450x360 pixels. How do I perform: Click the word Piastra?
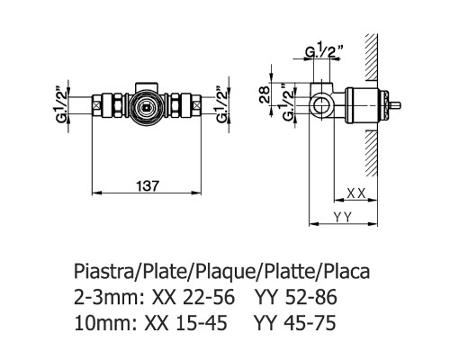(x=101, y=271)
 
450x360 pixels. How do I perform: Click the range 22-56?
(x=193, y=296)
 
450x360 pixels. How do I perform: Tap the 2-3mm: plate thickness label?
(x=104, y=296)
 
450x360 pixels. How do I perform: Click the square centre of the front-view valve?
(x=147, y=105)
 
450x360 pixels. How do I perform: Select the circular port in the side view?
(x=322, y=106)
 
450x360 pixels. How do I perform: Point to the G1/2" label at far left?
(x=62, y=106)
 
